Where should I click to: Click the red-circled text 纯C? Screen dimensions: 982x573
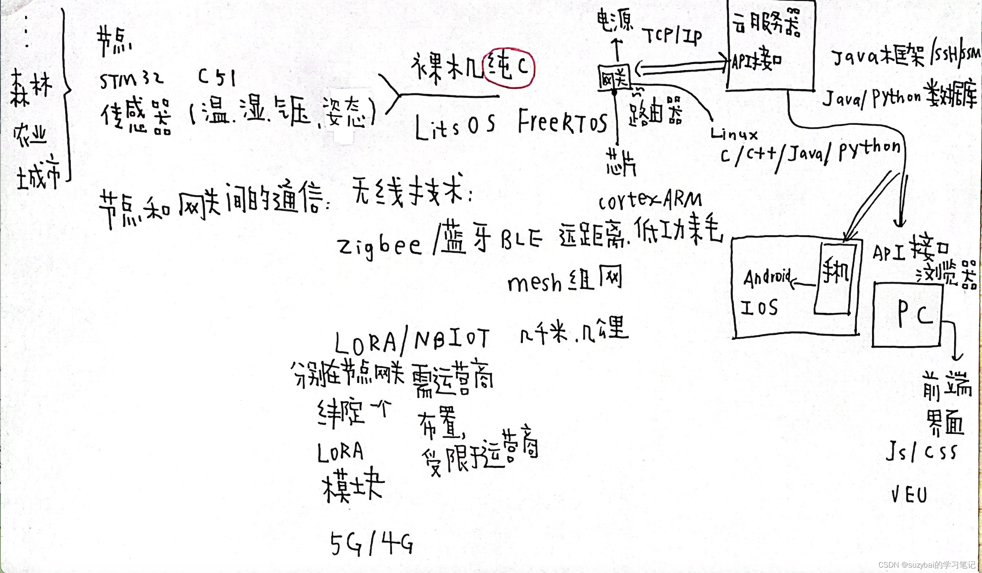(509, 68)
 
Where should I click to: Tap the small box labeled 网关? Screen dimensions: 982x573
(614, 78)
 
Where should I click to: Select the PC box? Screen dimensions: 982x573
(907, 315)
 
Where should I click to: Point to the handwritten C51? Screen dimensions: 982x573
(217, 77)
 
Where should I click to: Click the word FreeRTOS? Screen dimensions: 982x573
(562, 121)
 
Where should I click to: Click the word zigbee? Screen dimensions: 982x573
(379, 246)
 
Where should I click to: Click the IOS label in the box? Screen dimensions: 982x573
(759, 308)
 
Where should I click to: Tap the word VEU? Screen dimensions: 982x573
(909, 495)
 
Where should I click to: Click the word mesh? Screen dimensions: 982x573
(534, 283)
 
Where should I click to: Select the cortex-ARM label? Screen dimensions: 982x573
(650, 200)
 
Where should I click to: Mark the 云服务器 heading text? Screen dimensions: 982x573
(766, 23)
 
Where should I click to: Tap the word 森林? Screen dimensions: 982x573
(31, 88)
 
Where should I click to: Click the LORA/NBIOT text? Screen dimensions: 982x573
(412, 341)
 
